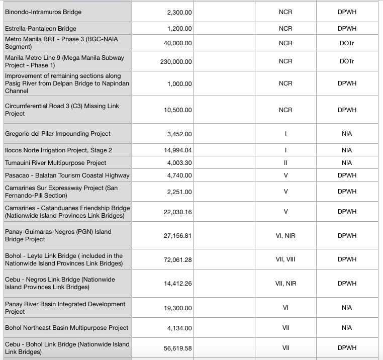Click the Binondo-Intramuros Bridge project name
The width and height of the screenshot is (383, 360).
pyautogui.click(x=43, y=12)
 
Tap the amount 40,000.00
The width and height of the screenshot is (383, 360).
pyautogui.click(x=178, y=43)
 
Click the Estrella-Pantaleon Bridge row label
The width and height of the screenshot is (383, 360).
pyautogui.click(x=41, y=29)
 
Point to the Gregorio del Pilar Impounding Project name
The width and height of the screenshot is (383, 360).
pyautogui.click(x=58, y=134)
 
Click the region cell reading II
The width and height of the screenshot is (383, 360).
pyautogui.click(x=285, y=163)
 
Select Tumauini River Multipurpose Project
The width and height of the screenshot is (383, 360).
pyautogui.click(x=56, y=163)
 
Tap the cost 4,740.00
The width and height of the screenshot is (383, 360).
pyautogui.click(x=179, y=175)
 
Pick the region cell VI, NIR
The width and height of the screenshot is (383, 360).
pyautogui.click(x=285, y=235)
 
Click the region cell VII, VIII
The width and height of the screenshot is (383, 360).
pyautogui.click(x=285, y=259)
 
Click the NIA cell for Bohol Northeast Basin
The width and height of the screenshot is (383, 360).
pyautogui.click(x=346, y=328)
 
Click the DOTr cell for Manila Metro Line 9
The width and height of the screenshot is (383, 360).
pyautogui.click(x=346, y=61)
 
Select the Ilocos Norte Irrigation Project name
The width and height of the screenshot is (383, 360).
pyautogui.click(x=58, y=150)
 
